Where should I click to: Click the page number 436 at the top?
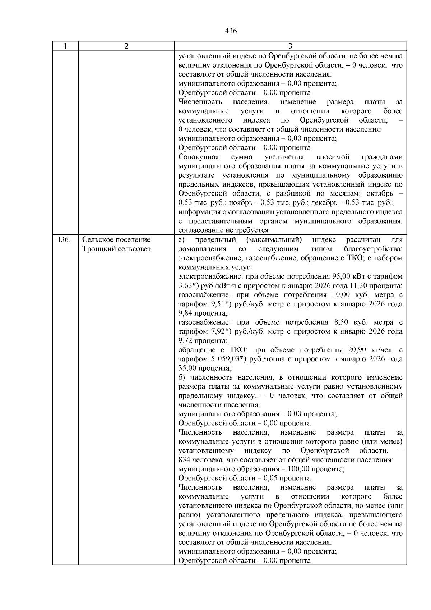pyautogui.click(x=231, y=31)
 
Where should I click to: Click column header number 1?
pyautogui.click(x=65, y=46)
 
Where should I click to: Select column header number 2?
pyautogui.click(x=126, y=46)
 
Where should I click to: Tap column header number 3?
pyautogui.click(x=290, y=46)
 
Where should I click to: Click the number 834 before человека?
pyautogui.click(x=184, y=460)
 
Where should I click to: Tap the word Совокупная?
pyautogui.click(x=199, y=157)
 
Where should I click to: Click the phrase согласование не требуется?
pyautogui.click(x=223, y=230)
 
